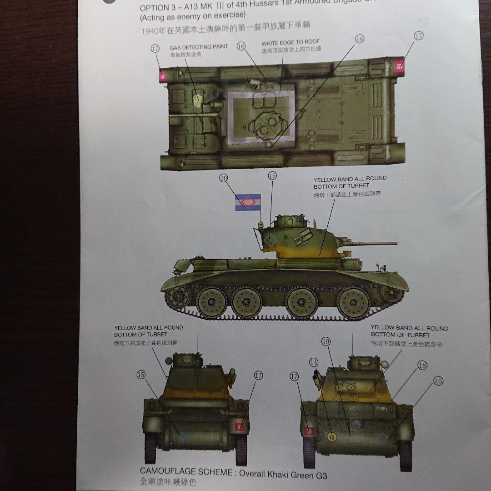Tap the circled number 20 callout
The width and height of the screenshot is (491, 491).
click(223, 179)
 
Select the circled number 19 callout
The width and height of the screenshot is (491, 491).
click(325, 341)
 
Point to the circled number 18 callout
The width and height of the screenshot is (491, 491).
click(422, 365)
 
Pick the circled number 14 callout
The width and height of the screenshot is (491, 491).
click(313, 362)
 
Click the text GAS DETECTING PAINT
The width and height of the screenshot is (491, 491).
click(199, 47)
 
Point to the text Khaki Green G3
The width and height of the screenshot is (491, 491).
click(299, 476)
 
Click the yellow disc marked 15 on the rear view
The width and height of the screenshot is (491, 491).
click(332, 437)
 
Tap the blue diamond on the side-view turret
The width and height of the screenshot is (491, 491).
click(271, 240)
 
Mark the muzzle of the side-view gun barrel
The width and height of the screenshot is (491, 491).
click(396, 244)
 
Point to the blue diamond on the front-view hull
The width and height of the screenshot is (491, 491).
click(182, 436)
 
